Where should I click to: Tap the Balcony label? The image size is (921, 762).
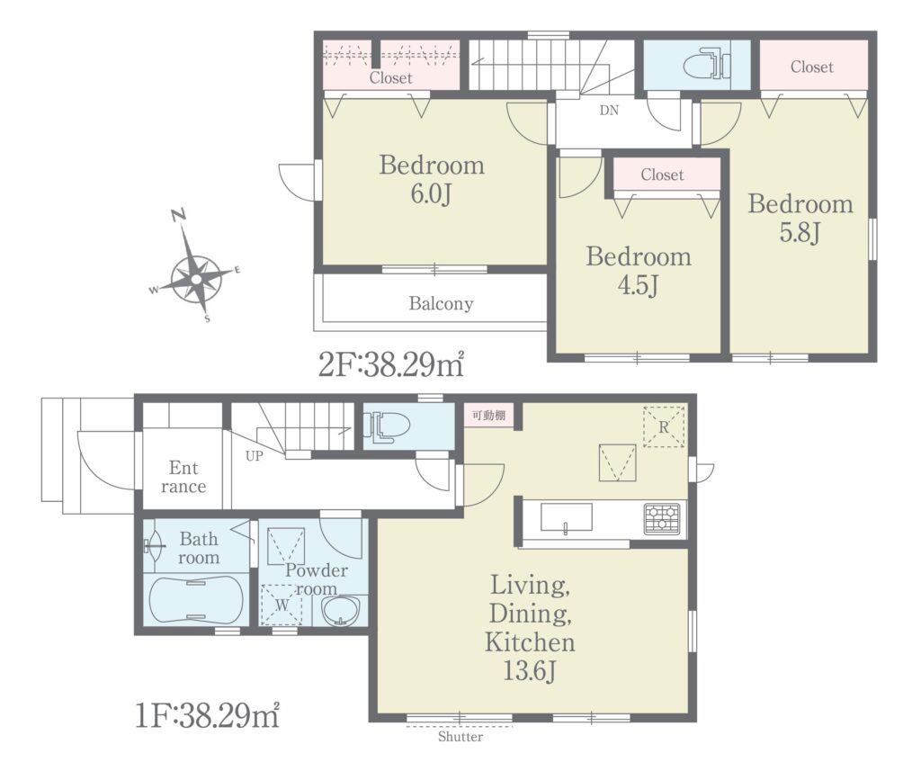pyautogui.click(x=441, y=304)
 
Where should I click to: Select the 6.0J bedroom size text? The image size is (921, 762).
pyautogui.click(x=431, y=194)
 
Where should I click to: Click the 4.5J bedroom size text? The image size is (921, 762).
pyautogui.click(x=638, y=285)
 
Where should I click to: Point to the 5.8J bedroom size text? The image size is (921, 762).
pyautogui.click(x=800, y=233)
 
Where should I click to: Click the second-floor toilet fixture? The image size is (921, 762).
pyautogui.click(x=707, y=64)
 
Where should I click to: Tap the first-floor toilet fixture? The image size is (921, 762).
pyautogui.click(x=387, y=426)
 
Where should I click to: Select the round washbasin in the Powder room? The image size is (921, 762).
pyautogui.click(x=341, y=612)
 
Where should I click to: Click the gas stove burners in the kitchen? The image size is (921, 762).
pyautogui.click(x=663, y=518)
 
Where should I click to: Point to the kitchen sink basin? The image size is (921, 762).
pyautogui.click(x=567, y=517)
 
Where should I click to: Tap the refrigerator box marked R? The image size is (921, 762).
pyautogui.click(x=664, y=427)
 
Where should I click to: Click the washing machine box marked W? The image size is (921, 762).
pyautogui.click(x=282, y=605)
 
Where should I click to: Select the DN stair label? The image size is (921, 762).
pyautogui.click(x=609, y=110)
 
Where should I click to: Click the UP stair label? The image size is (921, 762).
pyautogui.click(x=255, y=455)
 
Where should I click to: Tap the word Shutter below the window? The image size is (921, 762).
pyautogui.click(x=460, y=736)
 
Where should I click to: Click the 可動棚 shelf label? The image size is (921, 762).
pyautogui.click(x=488, y=416)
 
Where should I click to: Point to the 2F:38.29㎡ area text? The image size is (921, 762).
pyautogui.click(x=391, y=365)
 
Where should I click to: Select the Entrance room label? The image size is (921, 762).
pyautogui.click(x=183, y=477)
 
